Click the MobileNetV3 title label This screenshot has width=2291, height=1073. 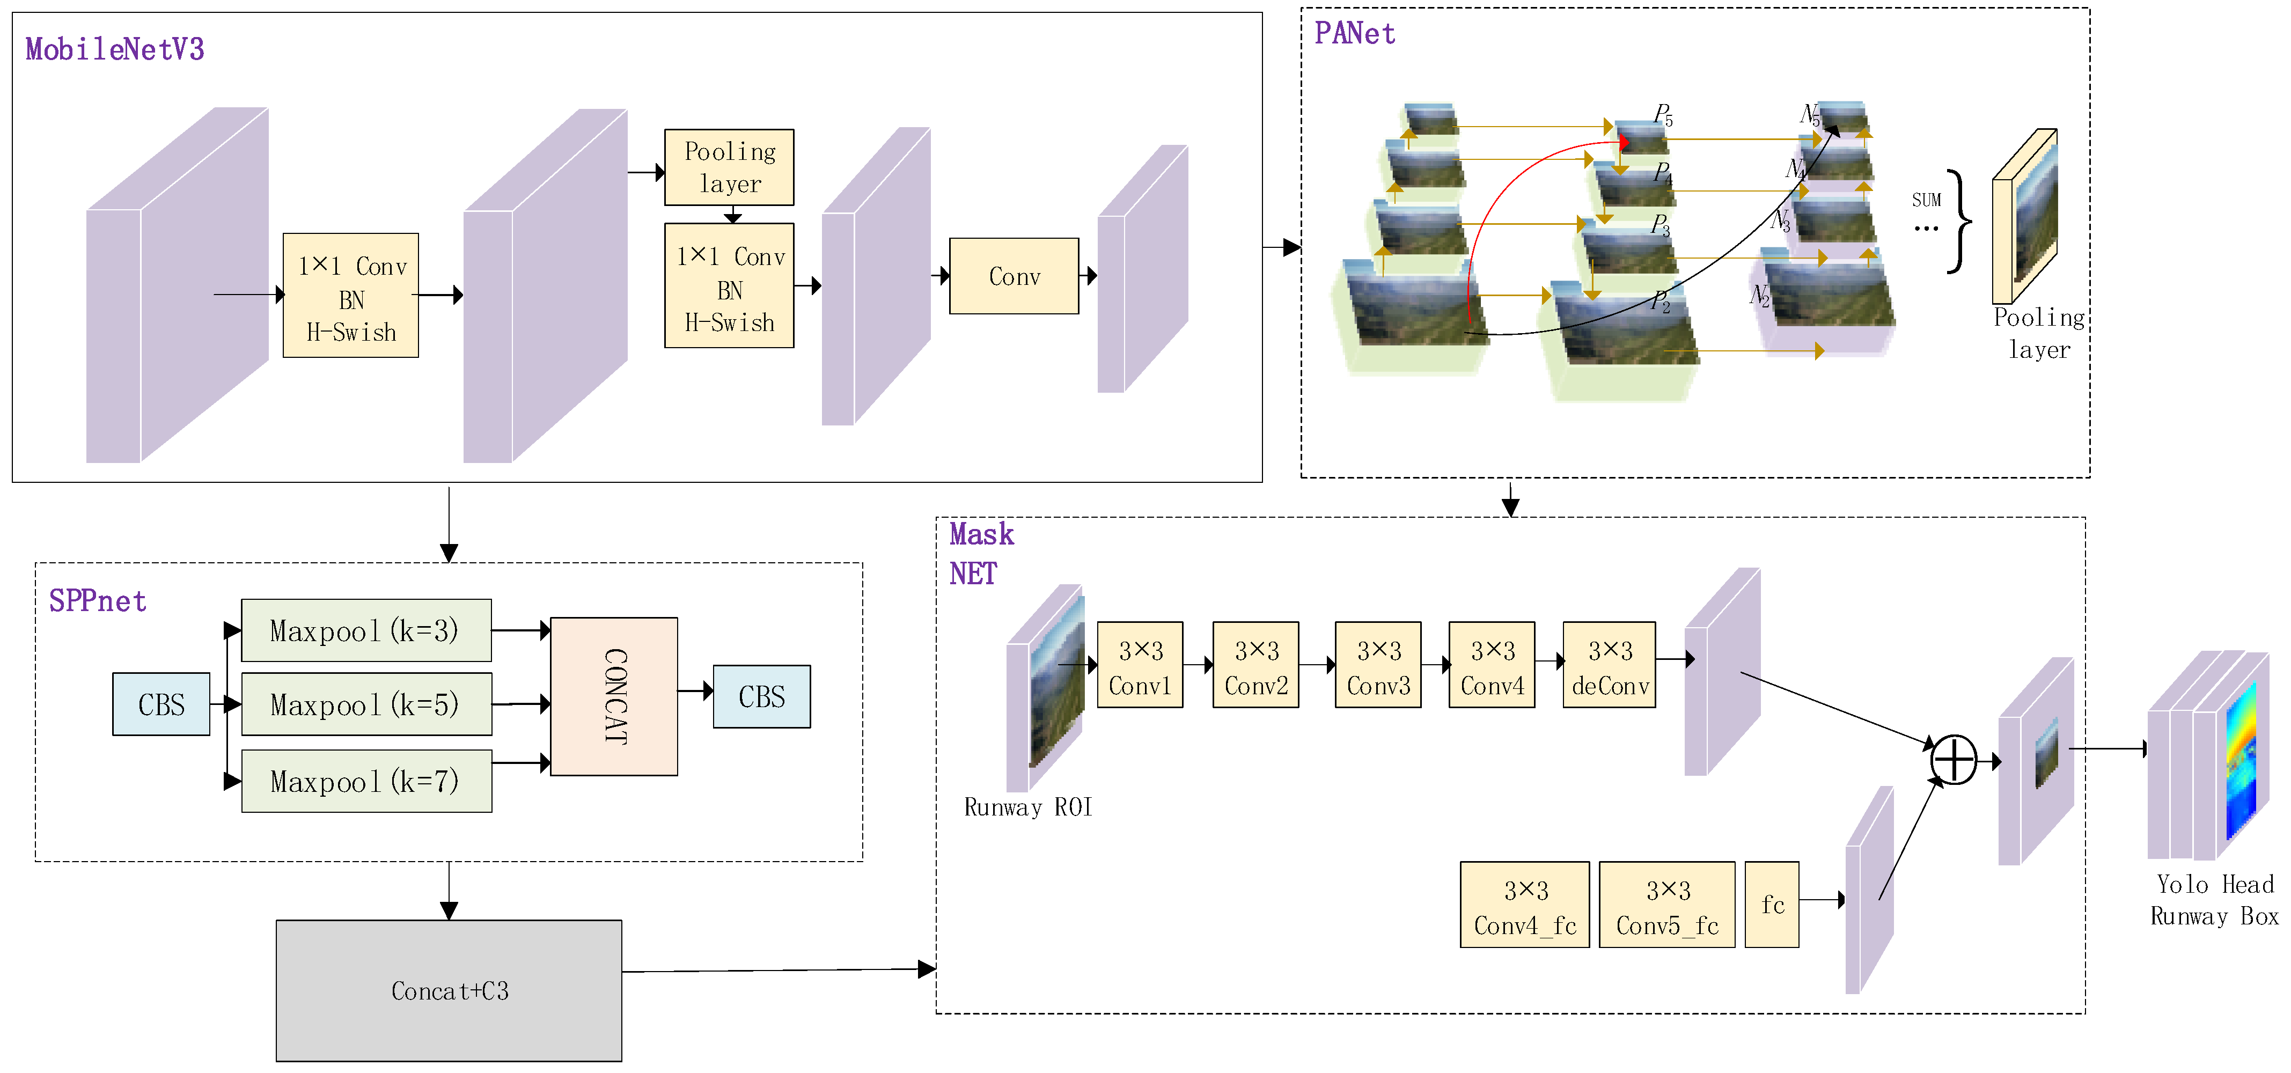click(115, 49)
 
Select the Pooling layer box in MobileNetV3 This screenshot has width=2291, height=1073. click(729, 167)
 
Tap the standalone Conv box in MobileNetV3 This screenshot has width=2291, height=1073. click(1014, 276)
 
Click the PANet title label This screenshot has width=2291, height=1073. click(1355, 33)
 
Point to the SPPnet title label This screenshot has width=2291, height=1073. click(98, 601)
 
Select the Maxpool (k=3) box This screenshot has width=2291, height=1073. click(366, 630)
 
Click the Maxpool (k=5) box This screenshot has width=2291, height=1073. click(366, 704)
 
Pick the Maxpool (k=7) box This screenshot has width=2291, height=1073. click(366, 781)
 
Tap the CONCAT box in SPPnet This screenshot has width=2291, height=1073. click(614, 696)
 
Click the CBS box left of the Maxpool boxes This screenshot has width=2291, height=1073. click(161, 704)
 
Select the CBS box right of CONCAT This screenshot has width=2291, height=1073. click(761, 696)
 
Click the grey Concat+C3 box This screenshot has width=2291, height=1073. click(449, 990)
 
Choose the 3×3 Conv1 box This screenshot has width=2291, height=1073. click(1140, 665)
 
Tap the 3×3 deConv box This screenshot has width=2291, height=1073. click(1610, 665)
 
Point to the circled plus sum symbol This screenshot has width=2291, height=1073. click(1954, 760)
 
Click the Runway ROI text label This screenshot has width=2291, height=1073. click(1028, 807)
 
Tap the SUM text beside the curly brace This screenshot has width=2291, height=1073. click(1926, 200)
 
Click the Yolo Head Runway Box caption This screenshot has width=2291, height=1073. click(2214, 900)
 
